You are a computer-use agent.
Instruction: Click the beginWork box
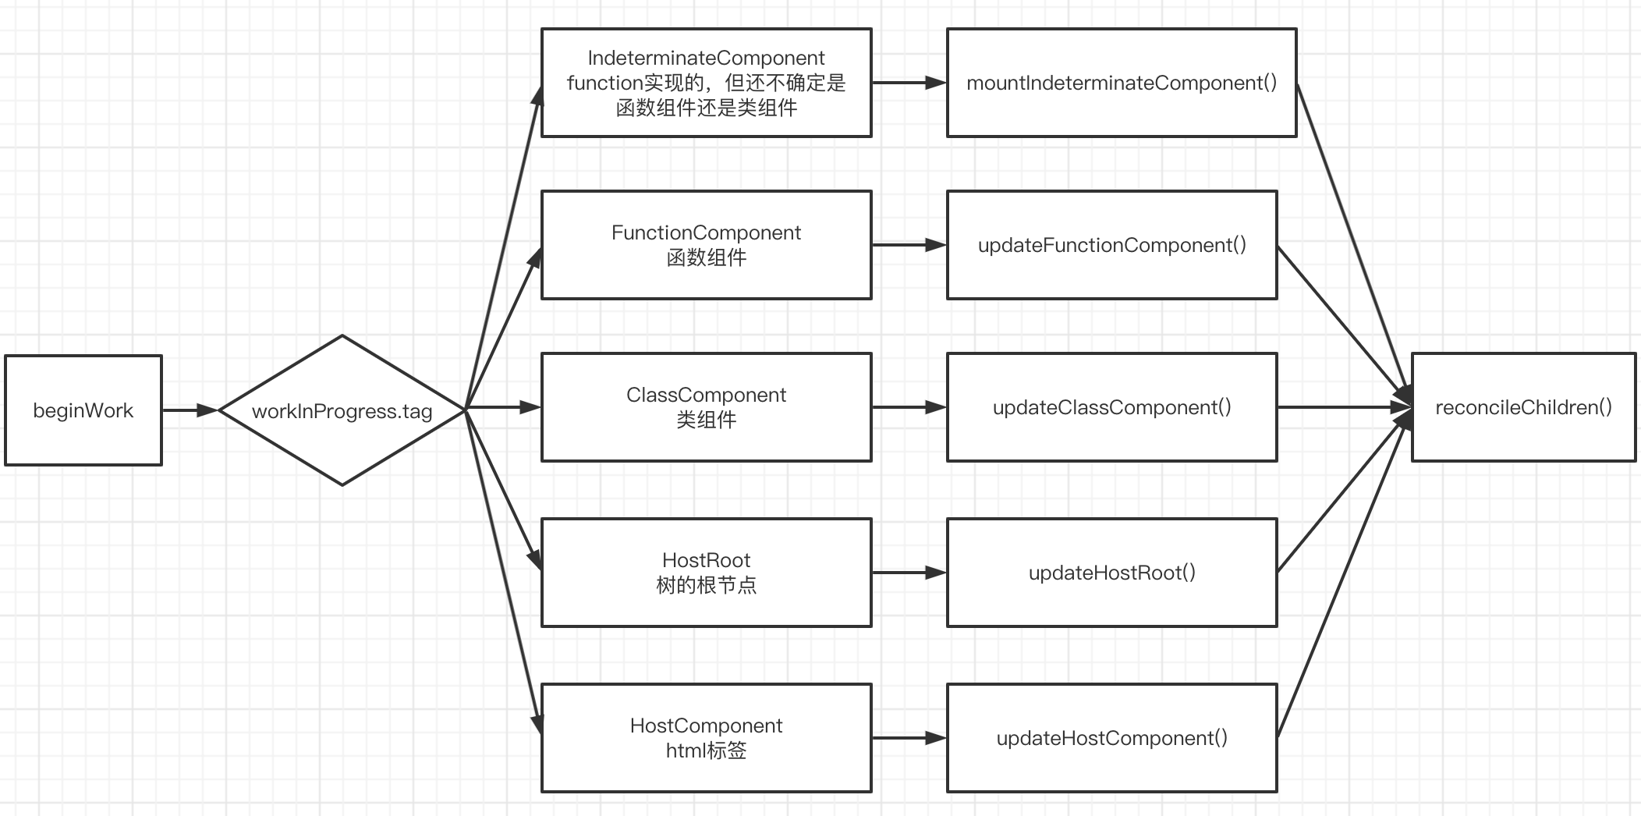83,410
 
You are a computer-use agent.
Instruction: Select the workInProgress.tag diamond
342,411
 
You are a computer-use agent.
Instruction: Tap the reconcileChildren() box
1523,407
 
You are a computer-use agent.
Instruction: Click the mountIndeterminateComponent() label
1122,83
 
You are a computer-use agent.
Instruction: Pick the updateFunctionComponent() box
1111,245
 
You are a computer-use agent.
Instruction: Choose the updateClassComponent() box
1111,407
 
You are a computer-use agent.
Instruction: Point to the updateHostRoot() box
1111,573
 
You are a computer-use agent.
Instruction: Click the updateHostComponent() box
1111,738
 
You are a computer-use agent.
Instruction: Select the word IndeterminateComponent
706,59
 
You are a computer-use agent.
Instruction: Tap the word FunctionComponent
706,232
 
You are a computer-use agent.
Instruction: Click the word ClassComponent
706,395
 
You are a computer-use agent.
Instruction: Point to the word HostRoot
706,560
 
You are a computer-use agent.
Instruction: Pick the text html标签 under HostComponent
706,750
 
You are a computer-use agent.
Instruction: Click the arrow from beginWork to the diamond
190,410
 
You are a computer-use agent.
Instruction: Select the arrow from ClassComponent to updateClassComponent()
909,407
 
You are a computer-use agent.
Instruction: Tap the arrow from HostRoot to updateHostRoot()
909,573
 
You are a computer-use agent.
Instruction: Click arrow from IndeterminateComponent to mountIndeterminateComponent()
909,83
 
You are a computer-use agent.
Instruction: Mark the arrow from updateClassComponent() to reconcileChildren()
1343,407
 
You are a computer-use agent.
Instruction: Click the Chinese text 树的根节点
706,585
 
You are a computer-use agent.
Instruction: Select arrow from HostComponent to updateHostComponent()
909,738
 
